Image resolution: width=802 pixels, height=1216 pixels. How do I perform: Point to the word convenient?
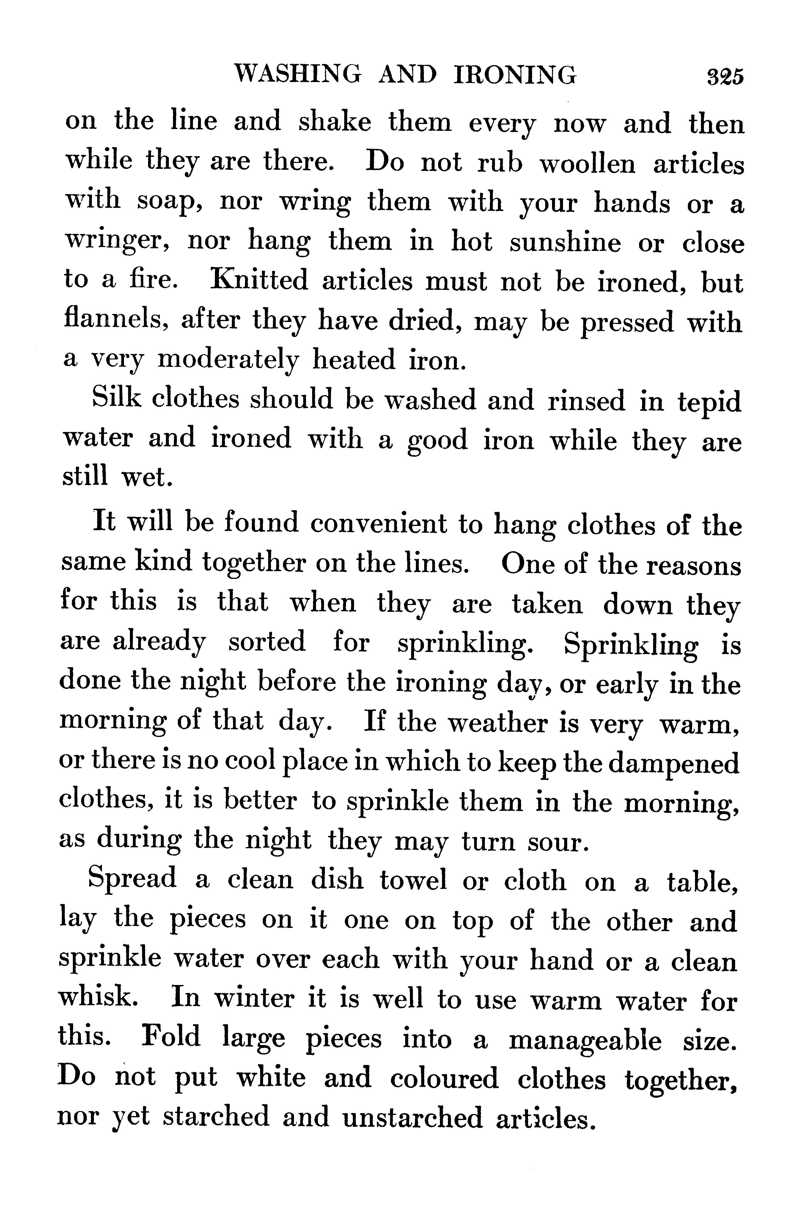click(378, 524)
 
